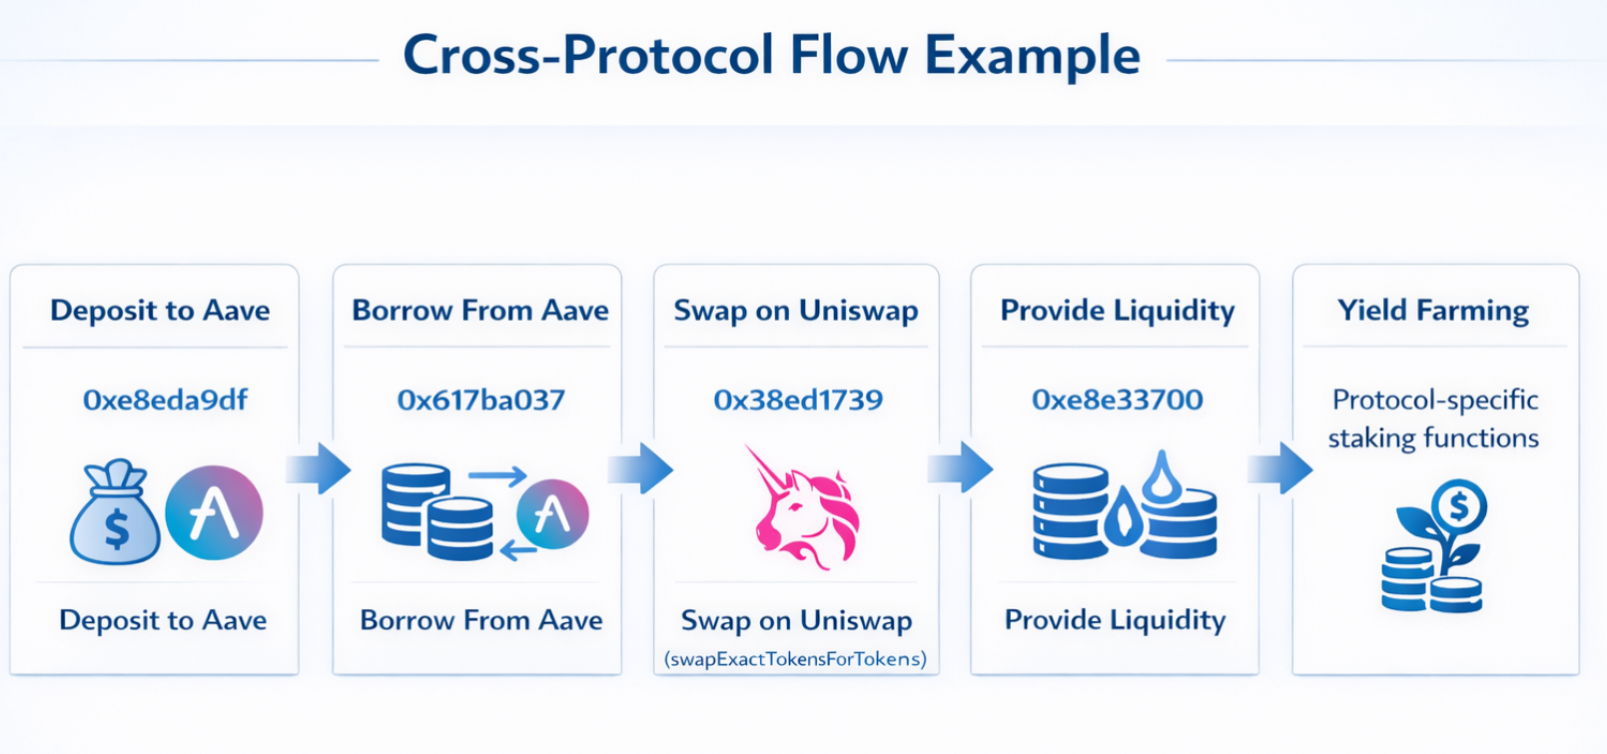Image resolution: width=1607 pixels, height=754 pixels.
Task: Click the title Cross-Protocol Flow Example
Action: [771, 56]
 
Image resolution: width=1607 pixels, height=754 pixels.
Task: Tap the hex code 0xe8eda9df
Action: [165, 400]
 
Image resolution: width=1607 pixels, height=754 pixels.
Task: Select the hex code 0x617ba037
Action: [480, 400]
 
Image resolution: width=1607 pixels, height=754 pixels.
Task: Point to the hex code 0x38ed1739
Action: [797, 400]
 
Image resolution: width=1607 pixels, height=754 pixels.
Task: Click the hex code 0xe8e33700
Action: [1117, 400]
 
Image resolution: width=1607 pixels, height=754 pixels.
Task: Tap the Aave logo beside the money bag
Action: [213, 512]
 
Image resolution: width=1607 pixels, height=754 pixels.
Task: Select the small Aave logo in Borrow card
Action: [551, 514]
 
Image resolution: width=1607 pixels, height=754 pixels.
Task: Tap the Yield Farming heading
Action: [1433, 311]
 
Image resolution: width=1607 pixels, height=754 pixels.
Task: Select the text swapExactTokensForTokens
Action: [796, 659]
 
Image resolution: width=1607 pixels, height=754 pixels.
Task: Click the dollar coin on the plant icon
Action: [1459, 507]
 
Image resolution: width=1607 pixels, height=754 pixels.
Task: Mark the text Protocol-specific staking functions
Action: [1434, 418]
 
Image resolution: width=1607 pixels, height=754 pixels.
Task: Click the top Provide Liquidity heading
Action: [1117, 311]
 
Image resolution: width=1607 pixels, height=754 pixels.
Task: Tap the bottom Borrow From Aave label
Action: [480, 620]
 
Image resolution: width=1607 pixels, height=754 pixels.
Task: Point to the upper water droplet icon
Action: [1161, 477]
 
